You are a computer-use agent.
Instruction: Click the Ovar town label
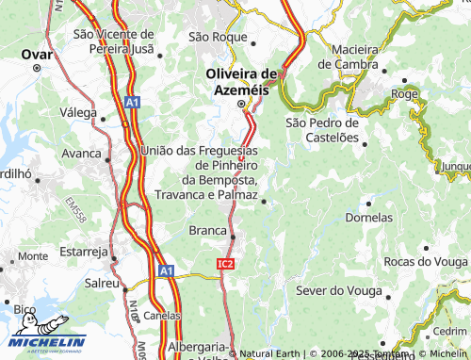pos(37,54)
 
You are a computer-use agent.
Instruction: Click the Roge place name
pos(404,94)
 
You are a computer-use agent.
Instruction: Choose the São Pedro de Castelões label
pos(322,130)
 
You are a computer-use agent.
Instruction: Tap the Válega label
pos(78,112)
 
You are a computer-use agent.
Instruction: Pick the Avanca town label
pos(81,153)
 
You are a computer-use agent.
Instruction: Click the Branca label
pos(208,230)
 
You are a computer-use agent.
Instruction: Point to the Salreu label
pos(102,283)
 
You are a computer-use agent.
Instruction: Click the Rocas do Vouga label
pos(426,261)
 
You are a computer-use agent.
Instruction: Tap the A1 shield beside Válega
pos(133,102)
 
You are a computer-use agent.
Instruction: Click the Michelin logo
pos(45,344)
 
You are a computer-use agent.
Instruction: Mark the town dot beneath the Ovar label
pos(37,69)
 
